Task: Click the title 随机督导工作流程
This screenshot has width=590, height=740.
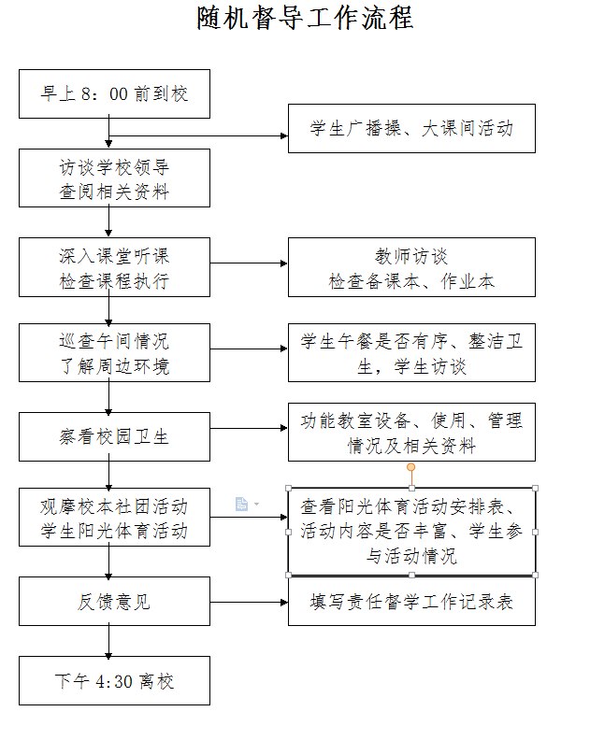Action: coord(305,19)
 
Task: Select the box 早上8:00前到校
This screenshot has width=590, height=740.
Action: coord(114,94)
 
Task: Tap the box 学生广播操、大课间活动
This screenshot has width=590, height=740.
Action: coord(411,128)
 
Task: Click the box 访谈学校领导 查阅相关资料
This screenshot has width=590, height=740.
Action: coord(114,178)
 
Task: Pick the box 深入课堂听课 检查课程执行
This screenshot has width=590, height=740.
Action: coord(114,267)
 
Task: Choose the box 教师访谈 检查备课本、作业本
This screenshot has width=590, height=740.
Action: coord(411,267)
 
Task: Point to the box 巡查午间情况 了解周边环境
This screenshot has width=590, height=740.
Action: coord(114,352)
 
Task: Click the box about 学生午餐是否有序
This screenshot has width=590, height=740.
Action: coord(411,352)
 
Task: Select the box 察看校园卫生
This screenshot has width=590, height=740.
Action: coord(114,436)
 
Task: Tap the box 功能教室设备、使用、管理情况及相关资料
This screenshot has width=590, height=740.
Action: coord(411,432)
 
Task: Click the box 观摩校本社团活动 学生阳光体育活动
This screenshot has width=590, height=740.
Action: coord(114,518)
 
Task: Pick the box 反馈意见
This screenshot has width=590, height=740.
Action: coord(114,602)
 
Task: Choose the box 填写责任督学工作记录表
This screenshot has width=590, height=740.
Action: coord(411,602)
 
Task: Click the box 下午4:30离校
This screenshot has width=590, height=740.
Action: coord(114,680)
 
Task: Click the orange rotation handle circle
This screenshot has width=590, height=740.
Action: coord(411,467)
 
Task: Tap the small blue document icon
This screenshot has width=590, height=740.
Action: coord(241,504)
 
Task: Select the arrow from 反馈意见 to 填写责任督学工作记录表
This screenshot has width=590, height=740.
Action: coord(249,603)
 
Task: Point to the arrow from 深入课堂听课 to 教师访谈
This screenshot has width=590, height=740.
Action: coord(249,263)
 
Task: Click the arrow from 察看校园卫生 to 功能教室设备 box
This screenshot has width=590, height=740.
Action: coord(249,428)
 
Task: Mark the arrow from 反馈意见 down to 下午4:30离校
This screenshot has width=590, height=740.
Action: coord(108,641)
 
